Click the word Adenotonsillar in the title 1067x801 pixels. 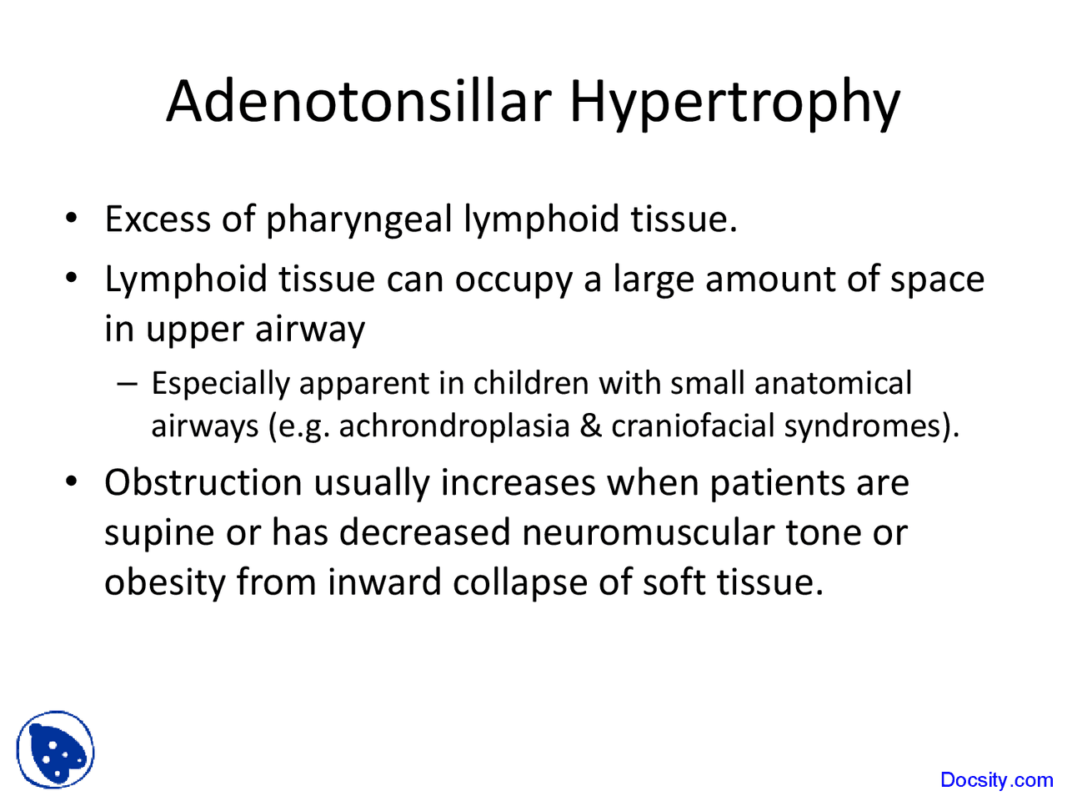358,101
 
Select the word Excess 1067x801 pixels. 158,219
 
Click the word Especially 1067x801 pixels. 220,385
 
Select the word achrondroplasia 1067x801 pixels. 453,426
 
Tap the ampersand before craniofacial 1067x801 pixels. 590,426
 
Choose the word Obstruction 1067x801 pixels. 203,483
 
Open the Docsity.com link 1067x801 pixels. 996,780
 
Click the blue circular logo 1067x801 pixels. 56,750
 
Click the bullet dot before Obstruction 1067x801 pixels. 73,482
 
